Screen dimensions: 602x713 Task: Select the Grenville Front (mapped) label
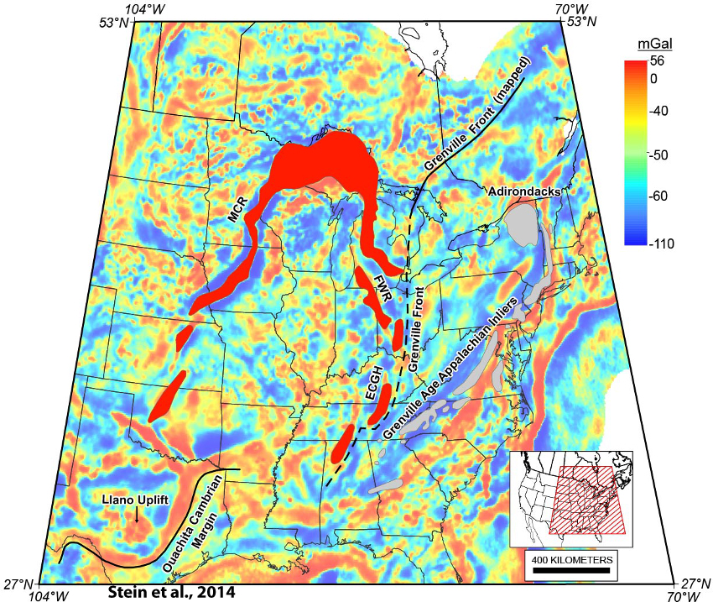(478, 117)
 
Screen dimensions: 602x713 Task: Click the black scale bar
(571, 571)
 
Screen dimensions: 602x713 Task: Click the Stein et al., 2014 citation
(172, 591)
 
